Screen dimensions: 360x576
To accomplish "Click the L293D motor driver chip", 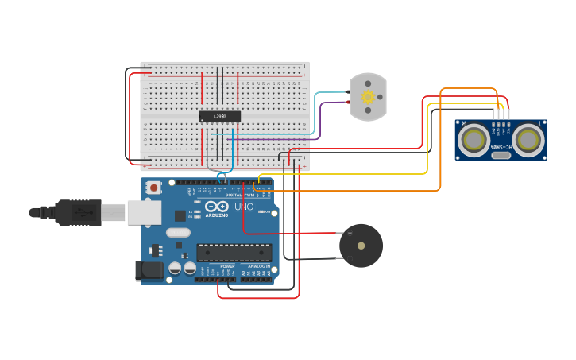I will tap(219, 116).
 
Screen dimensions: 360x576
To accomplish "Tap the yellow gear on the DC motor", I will tap(368, 97).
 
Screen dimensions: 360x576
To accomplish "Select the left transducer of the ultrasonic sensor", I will tap(474, 140).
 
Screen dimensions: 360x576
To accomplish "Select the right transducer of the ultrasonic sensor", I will tap(528, 140).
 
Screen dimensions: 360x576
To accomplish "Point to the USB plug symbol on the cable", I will tap(80, 213).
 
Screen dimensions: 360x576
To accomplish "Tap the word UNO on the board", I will tap(244, 207).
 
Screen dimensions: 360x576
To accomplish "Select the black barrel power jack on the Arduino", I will tap(149, 270).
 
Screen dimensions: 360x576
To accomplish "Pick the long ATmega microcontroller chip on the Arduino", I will tap(234, 253).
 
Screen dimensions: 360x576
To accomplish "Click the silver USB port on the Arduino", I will tap(144, 212).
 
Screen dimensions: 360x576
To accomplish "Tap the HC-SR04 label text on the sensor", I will tap(501, 147).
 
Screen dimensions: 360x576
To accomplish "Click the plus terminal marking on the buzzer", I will tap(350, 233).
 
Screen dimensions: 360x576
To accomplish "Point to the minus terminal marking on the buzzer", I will tap(350, 258).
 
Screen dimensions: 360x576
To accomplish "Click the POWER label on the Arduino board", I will tap(217, 265).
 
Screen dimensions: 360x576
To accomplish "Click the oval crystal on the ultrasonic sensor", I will tap(501, 155).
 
